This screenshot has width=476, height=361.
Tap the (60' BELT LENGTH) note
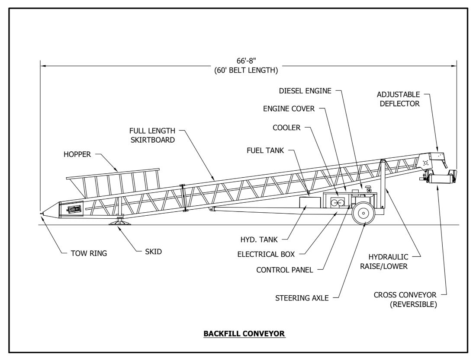pyautogui.click(x=246, y=70)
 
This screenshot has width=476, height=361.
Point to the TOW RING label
pyautogui.click(x=85, y=253)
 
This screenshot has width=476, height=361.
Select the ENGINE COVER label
pyautogui.click(x=289, y=109)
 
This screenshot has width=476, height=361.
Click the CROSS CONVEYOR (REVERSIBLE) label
pyautogui.click(x=411, y=299)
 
